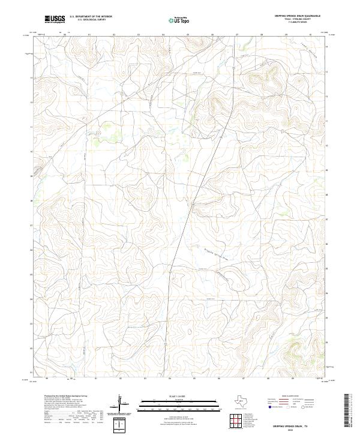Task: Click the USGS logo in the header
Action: pos(55,19)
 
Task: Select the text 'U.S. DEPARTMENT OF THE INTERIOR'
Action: pos(91,16)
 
